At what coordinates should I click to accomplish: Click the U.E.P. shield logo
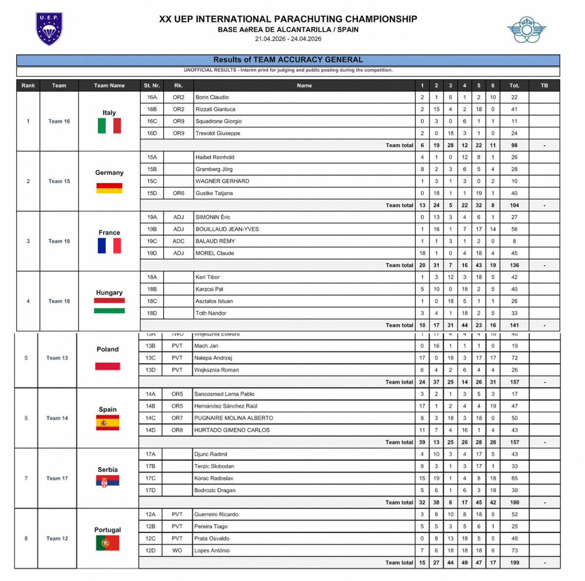point(49,29)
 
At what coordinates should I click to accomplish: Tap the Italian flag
point(109,126)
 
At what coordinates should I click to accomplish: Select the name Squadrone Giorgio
point(218,121)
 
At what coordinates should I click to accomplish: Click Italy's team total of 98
point(514,145)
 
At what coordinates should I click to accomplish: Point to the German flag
point(109,188)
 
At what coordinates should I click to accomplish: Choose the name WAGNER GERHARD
point(222,181)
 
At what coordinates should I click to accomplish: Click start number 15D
point(152,193)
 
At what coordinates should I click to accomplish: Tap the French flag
point(109,245)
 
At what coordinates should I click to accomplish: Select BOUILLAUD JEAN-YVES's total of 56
point(514,229)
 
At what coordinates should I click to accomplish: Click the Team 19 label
point(59,241)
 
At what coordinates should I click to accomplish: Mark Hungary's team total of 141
point(514,325)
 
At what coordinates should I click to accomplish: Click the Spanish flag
point(108,422)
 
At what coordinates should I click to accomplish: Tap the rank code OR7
point(177,418)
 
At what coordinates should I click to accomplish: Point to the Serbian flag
point(108,482)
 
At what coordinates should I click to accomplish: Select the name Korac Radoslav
point(214,479)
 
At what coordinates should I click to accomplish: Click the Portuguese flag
point(108,542)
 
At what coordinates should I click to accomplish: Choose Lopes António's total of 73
point(514,551)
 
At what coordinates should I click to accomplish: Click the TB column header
point(544,85)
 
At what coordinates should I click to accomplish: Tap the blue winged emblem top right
point(526,30)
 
